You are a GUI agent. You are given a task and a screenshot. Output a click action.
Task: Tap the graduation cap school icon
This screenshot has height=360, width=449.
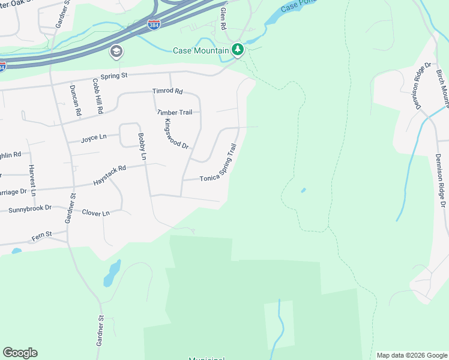pos(115,52)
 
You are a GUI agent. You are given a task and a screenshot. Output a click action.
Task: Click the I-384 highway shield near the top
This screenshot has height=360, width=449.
pos(154,25)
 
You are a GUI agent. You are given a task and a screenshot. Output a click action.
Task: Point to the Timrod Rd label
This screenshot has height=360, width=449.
pos(167,91)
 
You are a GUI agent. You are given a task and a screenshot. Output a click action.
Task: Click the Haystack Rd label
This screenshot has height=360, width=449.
pos(110,175)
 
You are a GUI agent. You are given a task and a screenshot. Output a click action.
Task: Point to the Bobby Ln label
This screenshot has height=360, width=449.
pos(142,146)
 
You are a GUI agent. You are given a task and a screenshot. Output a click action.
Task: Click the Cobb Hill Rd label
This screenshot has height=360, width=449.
pos(97,96)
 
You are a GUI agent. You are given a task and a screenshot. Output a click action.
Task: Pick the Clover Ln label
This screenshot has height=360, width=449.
pos(96,213)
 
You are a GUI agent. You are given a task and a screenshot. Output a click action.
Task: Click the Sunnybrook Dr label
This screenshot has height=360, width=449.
pos(29,209)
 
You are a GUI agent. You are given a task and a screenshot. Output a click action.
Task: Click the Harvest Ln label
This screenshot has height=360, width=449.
pos(32,180)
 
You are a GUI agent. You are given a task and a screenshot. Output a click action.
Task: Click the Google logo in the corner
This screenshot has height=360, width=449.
pos(20,353)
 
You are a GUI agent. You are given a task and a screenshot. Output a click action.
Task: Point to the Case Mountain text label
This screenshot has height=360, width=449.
pos(200,50)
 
